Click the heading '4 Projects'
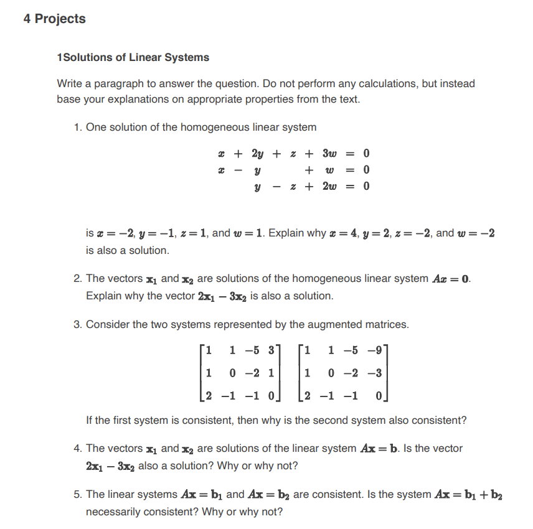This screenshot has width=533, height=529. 54,19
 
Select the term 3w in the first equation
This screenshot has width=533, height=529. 329,153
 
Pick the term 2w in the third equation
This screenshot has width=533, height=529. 329,185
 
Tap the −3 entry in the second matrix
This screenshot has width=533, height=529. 376,373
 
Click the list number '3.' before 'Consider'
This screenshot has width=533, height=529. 78,324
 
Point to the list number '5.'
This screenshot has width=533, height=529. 78,494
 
